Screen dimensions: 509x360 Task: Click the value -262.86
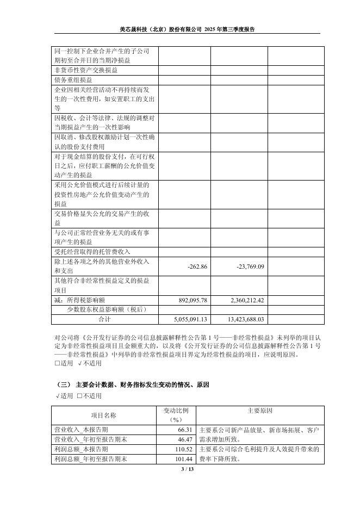(197, 266)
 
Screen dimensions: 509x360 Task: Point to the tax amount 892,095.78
(189, 300)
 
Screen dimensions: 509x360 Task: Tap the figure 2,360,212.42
(243, 300)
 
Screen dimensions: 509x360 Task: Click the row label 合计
(104, 319)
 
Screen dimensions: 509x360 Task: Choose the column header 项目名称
(103, 415)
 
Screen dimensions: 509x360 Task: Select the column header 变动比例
(176, 411)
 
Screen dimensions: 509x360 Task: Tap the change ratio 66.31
(186, 429)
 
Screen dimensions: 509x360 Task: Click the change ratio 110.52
(184, 449)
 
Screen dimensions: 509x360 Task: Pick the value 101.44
(184, 459)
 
